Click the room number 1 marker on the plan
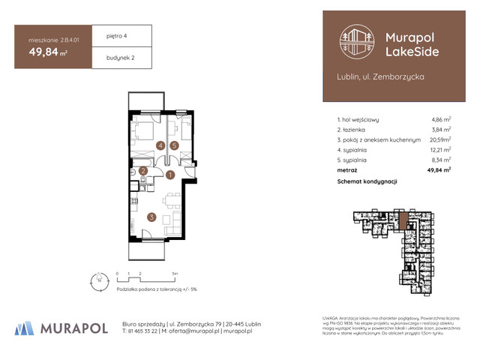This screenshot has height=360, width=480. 170,175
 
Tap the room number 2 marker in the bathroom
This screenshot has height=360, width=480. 143,171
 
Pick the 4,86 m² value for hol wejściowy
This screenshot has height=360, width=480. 440,119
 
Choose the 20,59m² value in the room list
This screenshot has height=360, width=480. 439,139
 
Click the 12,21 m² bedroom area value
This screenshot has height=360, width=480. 440,150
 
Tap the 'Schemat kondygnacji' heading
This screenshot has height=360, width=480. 367,181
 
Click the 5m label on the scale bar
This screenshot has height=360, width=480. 174,274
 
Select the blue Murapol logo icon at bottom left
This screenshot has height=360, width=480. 24,328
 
